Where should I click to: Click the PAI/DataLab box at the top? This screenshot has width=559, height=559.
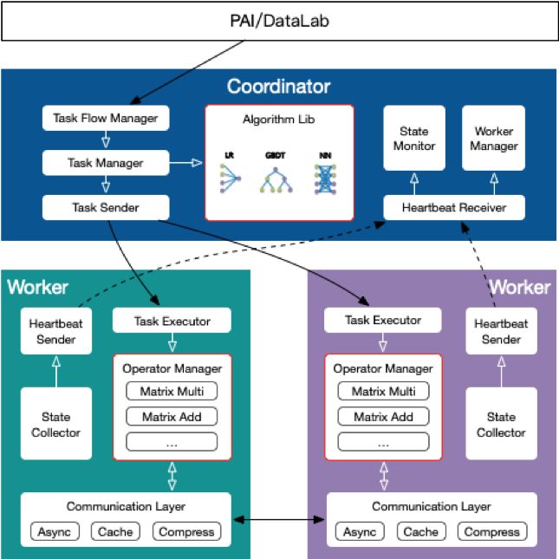click(x=279, y=21)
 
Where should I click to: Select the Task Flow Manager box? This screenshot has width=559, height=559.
click(x=106, y=118)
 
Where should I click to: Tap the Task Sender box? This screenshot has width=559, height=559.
click(x=106, y=207)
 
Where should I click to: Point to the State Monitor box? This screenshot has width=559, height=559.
click(x=414, y=138)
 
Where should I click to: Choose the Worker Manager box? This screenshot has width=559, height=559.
click(x=494, y=138)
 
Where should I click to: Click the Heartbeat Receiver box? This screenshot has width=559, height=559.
click(x=454, y=207)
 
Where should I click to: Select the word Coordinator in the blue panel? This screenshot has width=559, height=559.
click(x=279, y=87)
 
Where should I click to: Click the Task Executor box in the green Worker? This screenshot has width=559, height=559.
click(x=172, y=320)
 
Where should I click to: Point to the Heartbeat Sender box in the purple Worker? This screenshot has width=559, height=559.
click(x=501, y=331)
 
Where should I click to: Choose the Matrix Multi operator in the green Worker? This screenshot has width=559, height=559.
click(x=172, y=391)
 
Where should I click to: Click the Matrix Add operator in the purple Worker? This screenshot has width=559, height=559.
click(x=384, y=416)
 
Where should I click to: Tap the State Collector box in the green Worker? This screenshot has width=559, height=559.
click(x=56, y=424)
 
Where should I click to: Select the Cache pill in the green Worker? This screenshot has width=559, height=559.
click(x=115, y=531)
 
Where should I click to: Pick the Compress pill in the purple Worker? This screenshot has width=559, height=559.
click(x=492, y=531)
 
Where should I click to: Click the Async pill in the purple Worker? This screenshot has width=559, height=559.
click(x=360, y=531)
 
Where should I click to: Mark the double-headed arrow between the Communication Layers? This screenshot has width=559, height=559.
click(x=279, y=520)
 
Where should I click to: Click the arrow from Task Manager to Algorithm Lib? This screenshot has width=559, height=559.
click(x=185, y=163)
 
